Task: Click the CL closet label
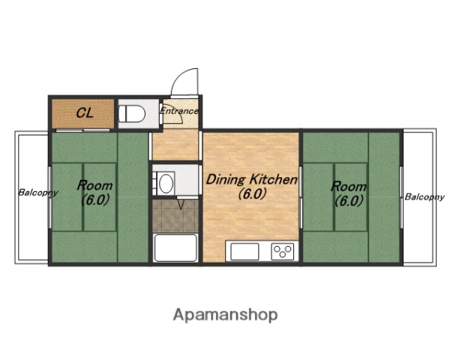point(85,112)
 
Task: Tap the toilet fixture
point(132,113)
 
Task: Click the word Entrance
point(179,111)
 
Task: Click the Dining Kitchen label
point(252,180)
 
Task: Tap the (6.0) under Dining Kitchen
point(252,194)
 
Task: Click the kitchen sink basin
point(244,251)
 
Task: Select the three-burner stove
point(283,251)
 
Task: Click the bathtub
point(175,247)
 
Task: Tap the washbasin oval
point(166,184)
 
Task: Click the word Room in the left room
point(94,185)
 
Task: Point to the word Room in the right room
point(349,187)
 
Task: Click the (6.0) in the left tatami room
point(95,199)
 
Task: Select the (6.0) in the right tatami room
point(349,201)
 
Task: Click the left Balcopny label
point(38,192)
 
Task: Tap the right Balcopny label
point(424,197)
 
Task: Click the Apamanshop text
point(225,315)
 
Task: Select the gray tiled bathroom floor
point(175,216)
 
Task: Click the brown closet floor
point(82,114)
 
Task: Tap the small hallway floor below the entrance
point(175,145)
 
